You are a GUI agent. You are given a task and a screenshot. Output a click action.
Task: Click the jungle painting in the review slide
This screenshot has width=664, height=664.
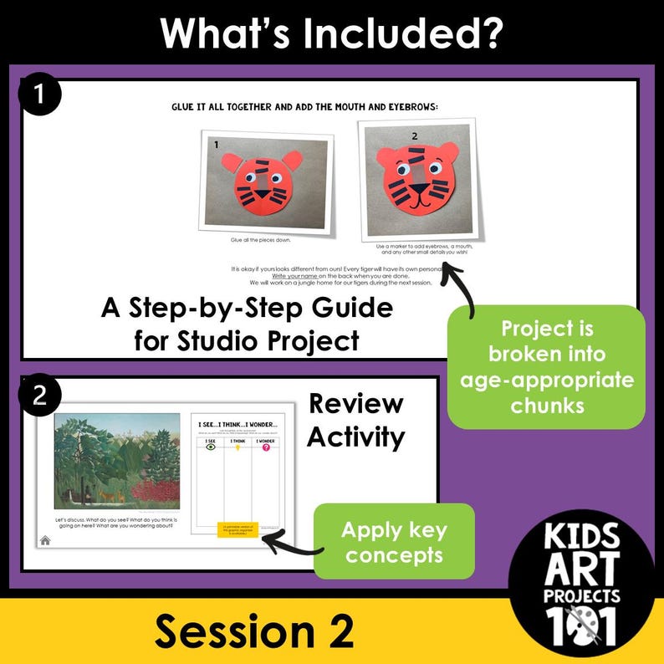tap(116, 462)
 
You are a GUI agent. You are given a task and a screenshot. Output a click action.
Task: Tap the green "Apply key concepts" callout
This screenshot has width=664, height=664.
tap(393, 542)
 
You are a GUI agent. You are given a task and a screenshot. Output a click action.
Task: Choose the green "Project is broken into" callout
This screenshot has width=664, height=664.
tap(546, 366)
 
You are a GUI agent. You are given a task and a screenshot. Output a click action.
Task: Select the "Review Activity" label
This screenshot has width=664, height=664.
tap(355, 420)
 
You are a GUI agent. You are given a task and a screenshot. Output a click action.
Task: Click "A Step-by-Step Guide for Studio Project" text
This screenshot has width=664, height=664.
tap(247, 324)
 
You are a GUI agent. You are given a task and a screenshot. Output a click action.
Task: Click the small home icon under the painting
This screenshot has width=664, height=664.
tap(44, 540)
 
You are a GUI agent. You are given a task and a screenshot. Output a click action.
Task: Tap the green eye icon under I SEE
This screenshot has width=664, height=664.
tap(210, 447)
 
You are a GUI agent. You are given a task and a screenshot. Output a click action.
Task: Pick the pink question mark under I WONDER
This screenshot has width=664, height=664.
tap(267, 447)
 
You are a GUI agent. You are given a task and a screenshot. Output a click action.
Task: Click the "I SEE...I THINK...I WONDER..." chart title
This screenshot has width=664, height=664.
tap(238, 424)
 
